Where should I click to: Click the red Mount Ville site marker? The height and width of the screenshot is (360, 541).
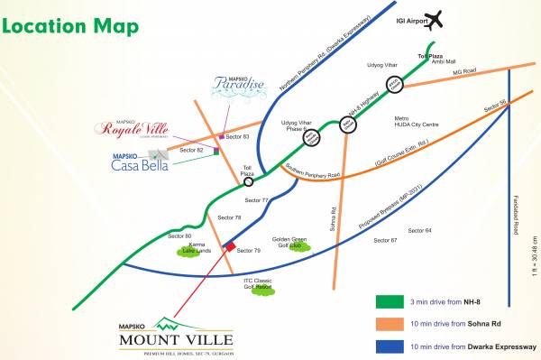click(230, 246)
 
